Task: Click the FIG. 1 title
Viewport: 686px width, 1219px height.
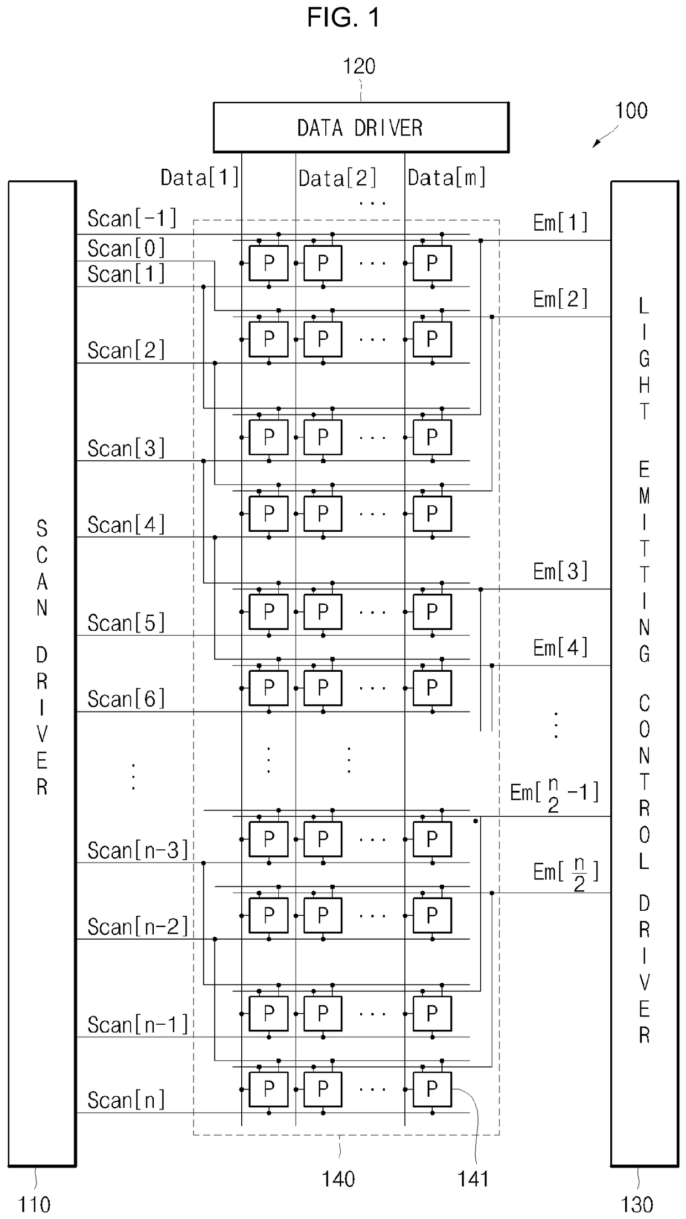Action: click(x=344, y=18)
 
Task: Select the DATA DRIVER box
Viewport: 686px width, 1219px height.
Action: click(x=361, y=127)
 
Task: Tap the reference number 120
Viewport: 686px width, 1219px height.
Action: click(x=359, y=66)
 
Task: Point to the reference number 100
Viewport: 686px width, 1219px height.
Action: click(x=631, y=111)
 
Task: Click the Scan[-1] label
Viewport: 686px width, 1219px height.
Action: click(x=132, y=219)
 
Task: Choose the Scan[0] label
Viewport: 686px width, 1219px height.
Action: click(x=126, y=248)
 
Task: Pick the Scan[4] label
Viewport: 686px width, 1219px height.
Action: click(x=126, y=525)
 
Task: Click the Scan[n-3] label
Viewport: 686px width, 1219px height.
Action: click(x=138, y=850)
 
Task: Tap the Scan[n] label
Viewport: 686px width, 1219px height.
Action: click(x=126, y=1100)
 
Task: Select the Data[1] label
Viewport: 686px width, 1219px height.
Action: click(x=200, y=178)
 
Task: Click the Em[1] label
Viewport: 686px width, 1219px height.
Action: click(x=560, y=222)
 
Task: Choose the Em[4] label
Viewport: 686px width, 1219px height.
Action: click(x=560, y=647)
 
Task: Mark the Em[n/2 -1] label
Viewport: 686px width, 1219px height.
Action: click(x=554, y=793)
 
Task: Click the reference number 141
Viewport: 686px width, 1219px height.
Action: click(x=473, y=1179)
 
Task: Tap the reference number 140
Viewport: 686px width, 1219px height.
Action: click(x=338, y=1179)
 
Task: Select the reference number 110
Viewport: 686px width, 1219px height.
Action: click(x=34, y=1205)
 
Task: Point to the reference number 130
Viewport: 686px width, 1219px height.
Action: click(x=637, y=1205)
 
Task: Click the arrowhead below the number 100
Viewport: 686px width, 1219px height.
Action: click(x=595, y=145)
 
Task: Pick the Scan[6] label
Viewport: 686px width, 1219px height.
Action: click(x=126, y=699)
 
